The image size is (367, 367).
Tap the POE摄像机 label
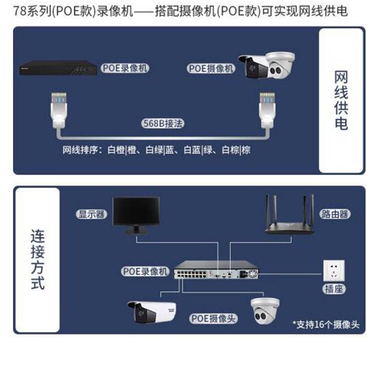click(x=211, y=68)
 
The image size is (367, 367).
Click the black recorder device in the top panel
click(x=58, y=68)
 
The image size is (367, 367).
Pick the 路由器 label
click(x=334, y=214)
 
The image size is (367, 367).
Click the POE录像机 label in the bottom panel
click(x=146, y=271)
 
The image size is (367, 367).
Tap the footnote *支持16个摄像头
click(x=326, y=325)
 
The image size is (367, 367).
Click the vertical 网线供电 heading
click(x=340, y=100)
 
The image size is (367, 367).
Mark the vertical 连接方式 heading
click(x=38, y=260)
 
